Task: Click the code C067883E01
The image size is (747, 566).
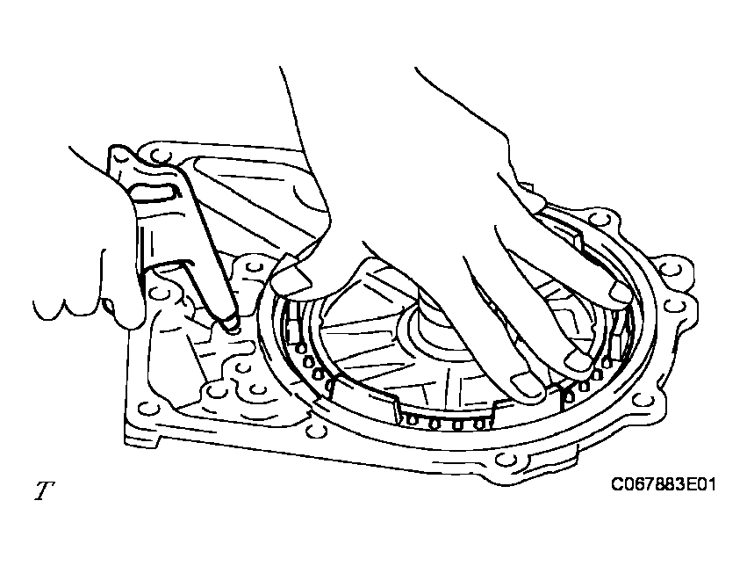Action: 663,485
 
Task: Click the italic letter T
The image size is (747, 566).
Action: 44,490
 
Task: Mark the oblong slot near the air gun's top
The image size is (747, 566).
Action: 154,191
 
